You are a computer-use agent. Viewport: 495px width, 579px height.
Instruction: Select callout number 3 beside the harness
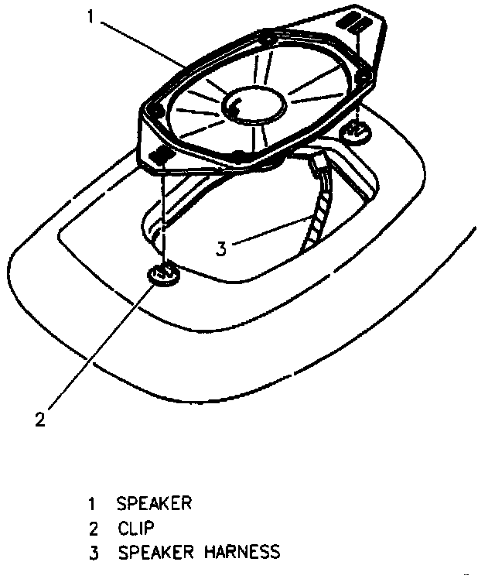pyautogui.click(x=221, y=248)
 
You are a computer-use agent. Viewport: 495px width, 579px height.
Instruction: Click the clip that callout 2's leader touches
pyautogui.click(x=164, y=275)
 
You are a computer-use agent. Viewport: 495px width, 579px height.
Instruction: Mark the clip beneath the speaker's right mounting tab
pyautogui.click(x=358, y=133)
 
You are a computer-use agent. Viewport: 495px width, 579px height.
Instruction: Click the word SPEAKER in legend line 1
pyautogui.click(x=155, y=503)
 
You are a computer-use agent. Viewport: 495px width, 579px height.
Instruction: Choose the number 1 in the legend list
pyautogui.click(x=91, y=504)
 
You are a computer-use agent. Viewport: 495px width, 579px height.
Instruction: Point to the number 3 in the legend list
pyautogui.click(x=91, y=552)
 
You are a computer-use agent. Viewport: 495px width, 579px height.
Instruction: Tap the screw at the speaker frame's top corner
pyautogui.click(x=267, y=36)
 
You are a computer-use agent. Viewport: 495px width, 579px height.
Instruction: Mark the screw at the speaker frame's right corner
pyautogui.click(x=364, y=75)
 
